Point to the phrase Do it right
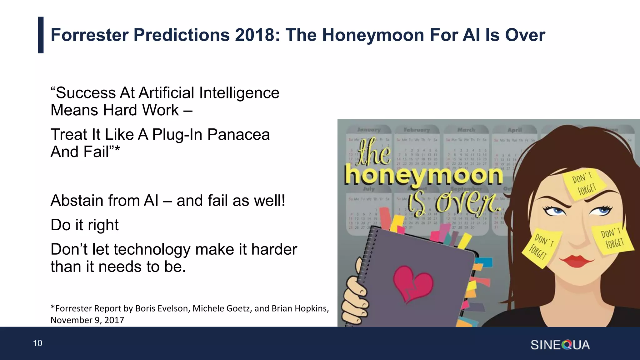[x=84, y=225]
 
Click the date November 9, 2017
[x=87, y=320]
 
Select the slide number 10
[x=37, y=343]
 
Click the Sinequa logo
[x=560, y=345]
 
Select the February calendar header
[x=416, y=130]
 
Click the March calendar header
[x=466, y=130]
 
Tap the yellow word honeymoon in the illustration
[x=423, y=176]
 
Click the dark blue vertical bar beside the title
[x=41, y=35]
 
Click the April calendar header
[x=514, y=130]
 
